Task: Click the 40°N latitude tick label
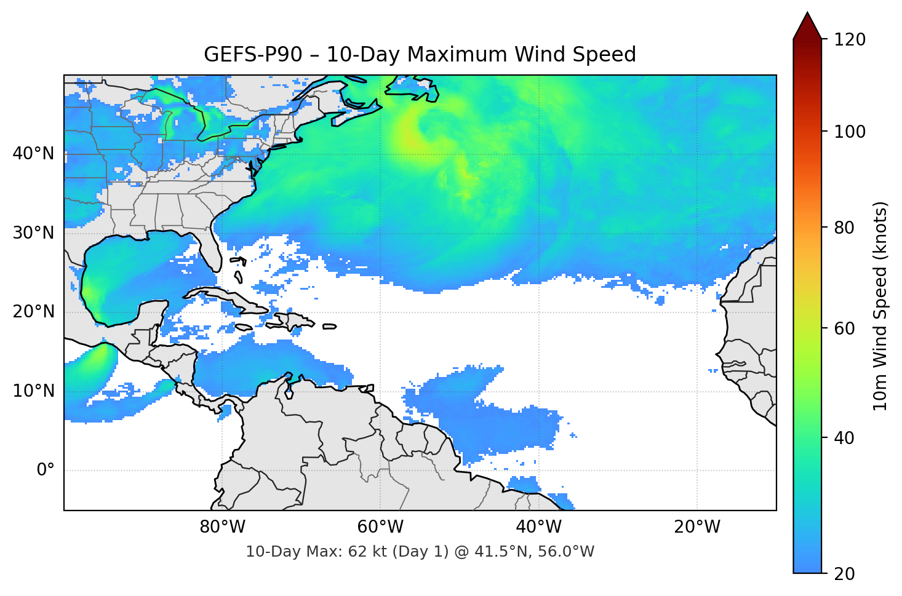click(x=33, y=153)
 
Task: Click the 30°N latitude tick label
click(x=33, y=233)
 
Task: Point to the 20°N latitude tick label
click(x=33, y=312)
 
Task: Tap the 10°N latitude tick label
click(x=33, y=391)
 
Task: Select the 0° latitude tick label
click(x=46, y=471)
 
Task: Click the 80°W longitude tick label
click(x=222, y=527)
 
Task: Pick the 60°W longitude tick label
click(x=380, y=527)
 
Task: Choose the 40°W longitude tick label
click(x=539, y=527)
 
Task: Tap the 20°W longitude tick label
click(x=697, y=527)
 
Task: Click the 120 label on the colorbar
click(x=850, y=39)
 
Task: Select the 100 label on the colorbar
click(x=850, y=132)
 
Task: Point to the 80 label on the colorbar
click(x=844, y=228)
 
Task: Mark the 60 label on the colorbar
click(x=844, y=328)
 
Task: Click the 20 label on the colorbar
click(x=844, y=574)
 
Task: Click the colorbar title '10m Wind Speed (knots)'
click(x=880, y=306)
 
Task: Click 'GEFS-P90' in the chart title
click(x=253, y=55)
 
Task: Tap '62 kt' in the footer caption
click(x=366, y=552)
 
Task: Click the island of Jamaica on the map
click(x=244, y=328)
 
